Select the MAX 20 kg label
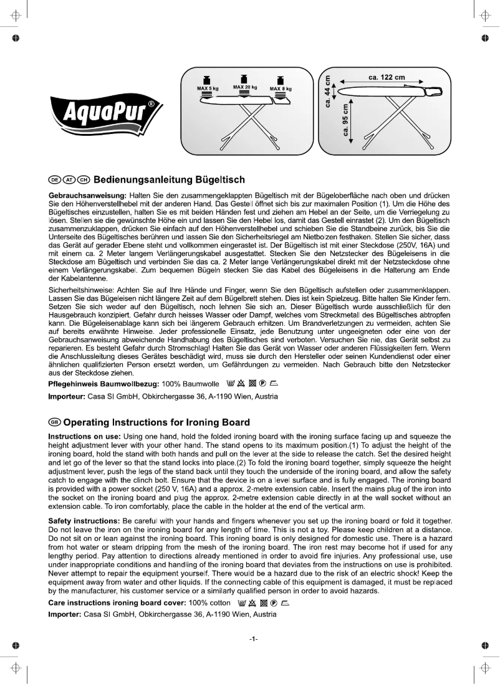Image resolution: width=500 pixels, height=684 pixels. click(x=244, y=87)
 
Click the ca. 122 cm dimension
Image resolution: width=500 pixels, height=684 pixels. click(x=387, y=77)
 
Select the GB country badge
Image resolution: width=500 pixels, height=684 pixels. click(x=54, y=422)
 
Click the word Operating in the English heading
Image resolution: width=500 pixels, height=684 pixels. click(x=89, y=422)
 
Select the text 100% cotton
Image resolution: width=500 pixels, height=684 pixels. click(x=209, y=603)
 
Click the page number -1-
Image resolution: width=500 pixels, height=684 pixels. click(x=253, y=639)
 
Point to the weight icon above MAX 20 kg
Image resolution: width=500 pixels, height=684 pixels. click(x=244, y=78)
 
